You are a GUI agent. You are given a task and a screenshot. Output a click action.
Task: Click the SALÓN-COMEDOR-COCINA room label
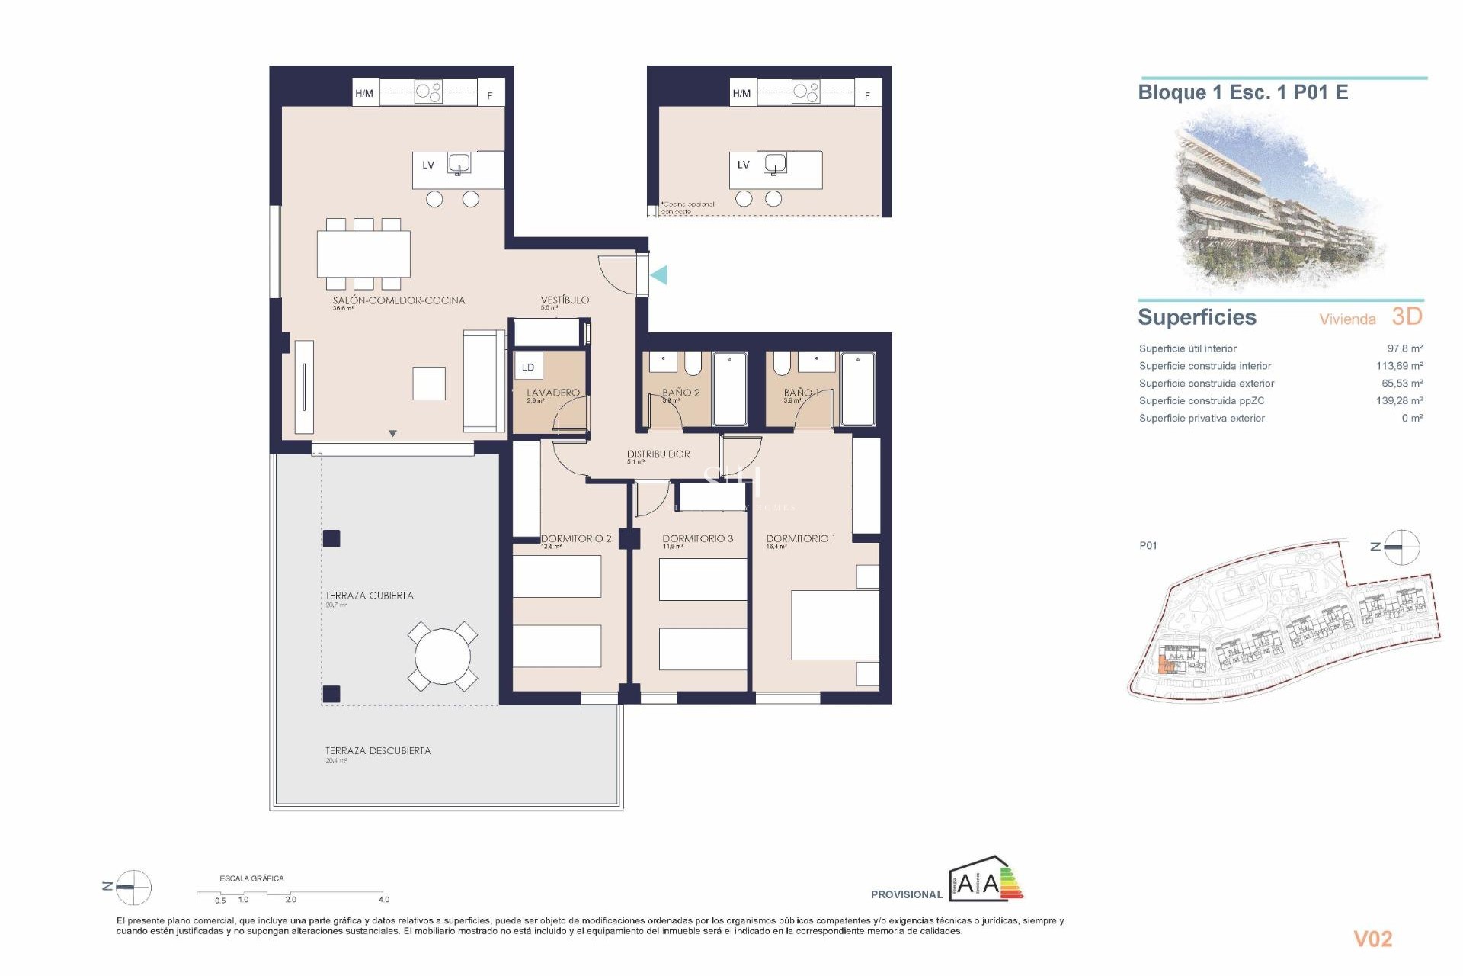[399, 300]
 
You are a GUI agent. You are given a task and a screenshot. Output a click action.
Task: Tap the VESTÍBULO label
[565, 300]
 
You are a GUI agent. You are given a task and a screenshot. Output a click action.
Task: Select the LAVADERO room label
[553, 393]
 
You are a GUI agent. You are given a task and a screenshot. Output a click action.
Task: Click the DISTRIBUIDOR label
[658, 454]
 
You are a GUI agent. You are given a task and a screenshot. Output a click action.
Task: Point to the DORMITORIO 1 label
[801, 538]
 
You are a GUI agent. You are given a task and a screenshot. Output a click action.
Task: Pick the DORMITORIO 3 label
[697, 538]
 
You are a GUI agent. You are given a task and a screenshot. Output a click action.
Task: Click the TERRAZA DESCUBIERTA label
[378, 751]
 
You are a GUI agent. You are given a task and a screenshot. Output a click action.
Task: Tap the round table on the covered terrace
[443, 656]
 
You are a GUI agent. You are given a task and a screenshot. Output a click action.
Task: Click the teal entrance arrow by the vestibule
[659, 275]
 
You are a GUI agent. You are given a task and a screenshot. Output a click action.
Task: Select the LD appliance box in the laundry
[528, 367]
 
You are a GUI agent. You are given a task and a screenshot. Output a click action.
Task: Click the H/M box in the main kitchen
[365, 93]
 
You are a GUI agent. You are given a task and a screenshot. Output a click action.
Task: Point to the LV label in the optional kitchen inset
[743, 165]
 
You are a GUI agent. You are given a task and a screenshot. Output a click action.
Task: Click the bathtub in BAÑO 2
[730, 389]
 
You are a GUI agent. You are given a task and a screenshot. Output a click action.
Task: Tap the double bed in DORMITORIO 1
[835, 625]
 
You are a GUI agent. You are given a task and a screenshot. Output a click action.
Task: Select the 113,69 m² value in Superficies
[1399, 366]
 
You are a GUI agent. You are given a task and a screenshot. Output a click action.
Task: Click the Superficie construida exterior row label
[1206, 384]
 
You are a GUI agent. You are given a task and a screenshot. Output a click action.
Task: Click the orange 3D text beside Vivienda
[1407, 316]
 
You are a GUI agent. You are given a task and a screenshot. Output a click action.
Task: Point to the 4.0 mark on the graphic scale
[383, 899]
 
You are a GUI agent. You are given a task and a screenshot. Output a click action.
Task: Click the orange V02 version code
[1372, 939]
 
